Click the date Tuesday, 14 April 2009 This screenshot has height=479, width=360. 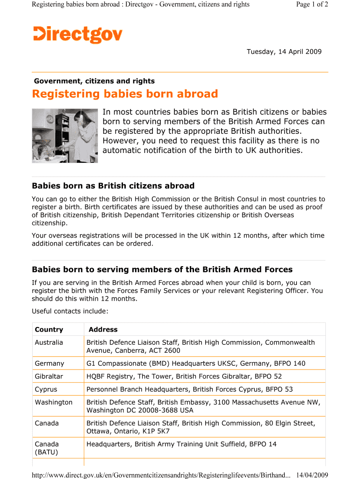(284, 51)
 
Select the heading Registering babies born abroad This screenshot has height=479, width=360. (125, 94)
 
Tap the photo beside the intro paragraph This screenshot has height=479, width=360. (65, 136)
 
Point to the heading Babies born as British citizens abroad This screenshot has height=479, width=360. (113, 186)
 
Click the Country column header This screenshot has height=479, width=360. (49, 329)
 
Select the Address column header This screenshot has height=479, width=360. (103, 329)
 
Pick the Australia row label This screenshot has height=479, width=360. (49, 342)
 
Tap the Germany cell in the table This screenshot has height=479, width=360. (49, 363)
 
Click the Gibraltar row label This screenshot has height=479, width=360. (49, 376)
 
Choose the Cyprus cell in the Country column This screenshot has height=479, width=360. (46, 389)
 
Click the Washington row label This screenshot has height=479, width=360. (54, 402)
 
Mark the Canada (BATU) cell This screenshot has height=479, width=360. (47, 448)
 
